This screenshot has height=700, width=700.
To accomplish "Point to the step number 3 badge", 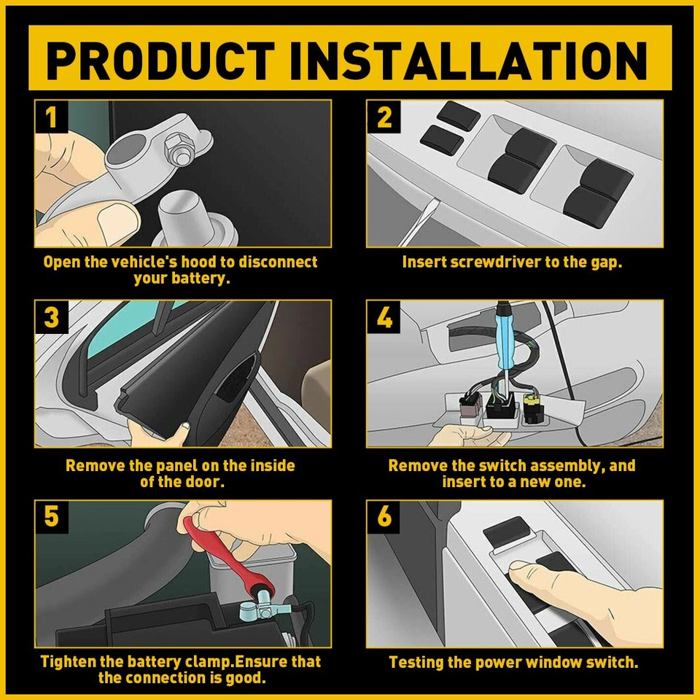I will tap(51, 317).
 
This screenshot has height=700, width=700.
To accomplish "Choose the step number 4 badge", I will tap(384, 317).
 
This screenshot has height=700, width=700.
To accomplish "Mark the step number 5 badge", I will tap(51, 516).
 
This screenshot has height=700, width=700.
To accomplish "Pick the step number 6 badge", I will tap(384, 516).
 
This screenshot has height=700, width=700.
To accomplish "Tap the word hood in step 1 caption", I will tap(194, 262).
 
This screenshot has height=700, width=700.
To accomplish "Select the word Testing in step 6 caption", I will tap(417, 663).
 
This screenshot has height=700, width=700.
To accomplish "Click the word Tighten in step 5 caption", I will tap(71, 663).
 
